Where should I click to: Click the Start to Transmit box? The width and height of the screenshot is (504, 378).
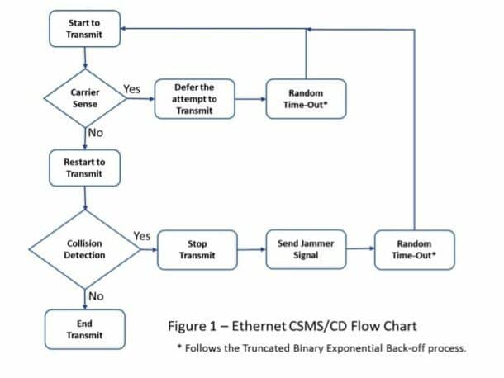[x=85, y=29]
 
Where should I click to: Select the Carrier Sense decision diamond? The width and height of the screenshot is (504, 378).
[x=85, y=99]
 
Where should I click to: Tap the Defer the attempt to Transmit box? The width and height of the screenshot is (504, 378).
[x=195, y=99]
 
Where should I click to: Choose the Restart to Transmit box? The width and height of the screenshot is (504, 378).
[x=85, y=168]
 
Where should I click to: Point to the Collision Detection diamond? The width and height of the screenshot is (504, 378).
[x=85, y=249]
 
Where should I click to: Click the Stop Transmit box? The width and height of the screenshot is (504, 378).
[x=197, y=249]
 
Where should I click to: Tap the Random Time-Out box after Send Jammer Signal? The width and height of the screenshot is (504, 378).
[x=413, y=249]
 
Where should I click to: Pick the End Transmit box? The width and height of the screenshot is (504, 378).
[x=85, y=328]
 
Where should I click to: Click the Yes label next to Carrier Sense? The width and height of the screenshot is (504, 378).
[x=131, y=88]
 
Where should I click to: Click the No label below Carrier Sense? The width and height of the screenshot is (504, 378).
[x=97, y=132]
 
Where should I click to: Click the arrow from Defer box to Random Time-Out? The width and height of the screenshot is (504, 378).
[x=250, y=98]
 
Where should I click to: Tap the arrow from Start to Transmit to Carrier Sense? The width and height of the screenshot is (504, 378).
[x=85, y=60]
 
